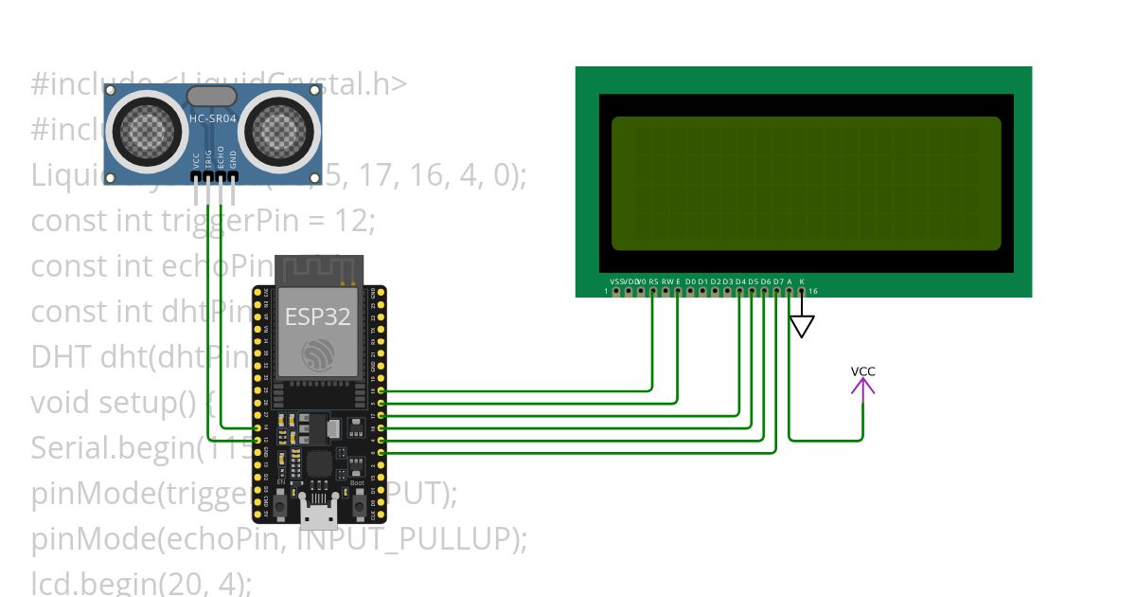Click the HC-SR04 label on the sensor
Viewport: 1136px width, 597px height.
[x=213, y=118]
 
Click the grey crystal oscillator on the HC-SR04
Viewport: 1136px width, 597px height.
[x=212, y=96]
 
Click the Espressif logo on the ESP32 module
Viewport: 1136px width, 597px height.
[x=319, y=356]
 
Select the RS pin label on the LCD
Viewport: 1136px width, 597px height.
[x=653, y=281]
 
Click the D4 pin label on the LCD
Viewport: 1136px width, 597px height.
[x=740, y=281]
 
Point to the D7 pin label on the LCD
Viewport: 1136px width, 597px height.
[x=777, y=281]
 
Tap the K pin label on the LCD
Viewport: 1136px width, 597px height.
[x=802, y=281]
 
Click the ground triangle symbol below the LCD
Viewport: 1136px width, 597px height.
[x=802, y=327]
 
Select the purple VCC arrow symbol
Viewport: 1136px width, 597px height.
[x=862, y=386]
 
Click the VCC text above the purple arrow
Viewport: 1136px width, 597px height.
[x=862, y=371]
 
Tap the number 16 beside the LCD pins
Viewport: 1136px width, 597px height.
[x=813, y=291]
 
